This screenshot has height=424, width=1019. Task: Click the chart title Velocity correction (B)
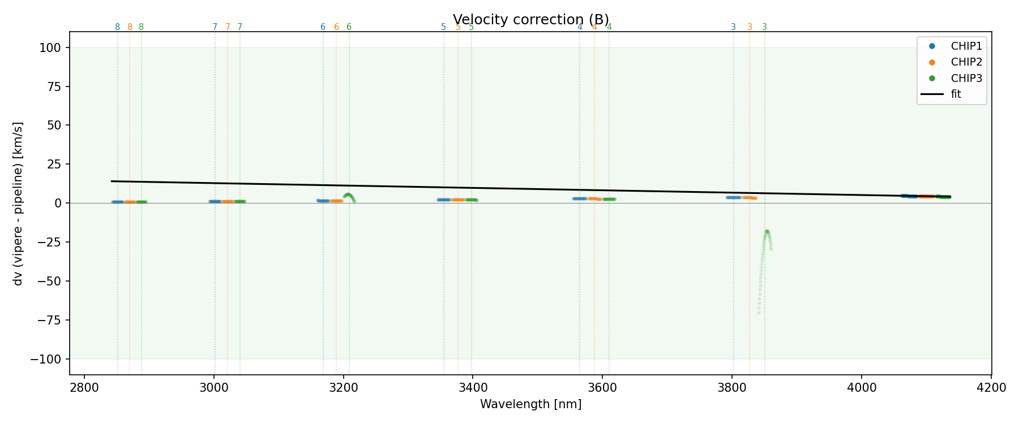point(530,20)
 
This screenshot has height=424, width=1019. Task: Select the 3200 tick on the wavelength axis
point(344,388)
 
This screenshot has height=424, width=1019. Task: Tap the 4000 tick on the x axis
point(862,388)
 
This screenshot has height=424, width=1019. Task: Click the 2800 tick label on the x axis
point(84,388)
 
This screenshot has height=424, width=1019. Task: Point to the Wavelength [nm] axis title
point(530,404)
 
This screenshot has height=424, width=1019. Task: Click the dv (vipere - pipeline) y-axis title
point(19,204)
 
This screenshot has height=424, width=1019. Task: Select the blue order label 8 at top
point(117,27)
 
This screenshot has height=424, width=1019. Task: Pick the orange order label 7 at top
point(228,27)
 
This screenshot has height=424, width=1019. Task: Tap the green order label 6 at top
point(349,27)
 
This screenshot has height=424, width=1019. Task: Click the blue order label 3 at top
point(733,27)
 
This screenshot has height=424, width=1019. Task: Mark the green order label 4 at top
point(609,27)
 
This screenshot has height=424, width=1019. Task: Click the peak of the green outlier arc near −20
point(767,231)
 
